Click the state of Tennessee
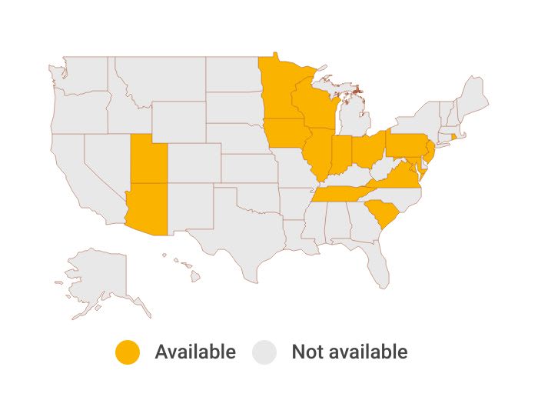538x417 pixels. click(341, 193)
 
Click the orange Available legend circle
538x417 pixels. click(128, 352)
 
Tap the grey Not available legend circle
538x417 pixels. click(265, 352)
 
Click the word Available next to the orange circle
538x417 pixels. click(195, 352)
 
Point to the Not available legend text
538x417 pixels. click(349, 352)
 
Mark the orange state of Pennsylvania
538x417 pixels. click(407, 145)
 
